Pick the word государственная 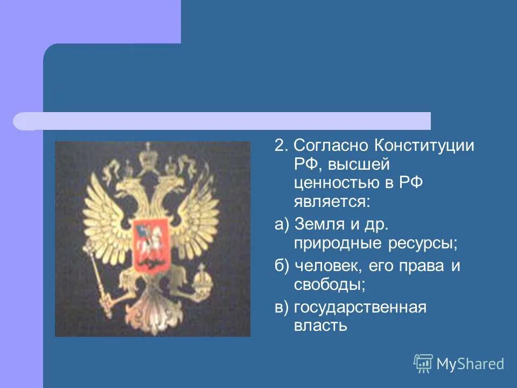tap(360, 307)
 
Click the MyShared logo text tap(470, 364)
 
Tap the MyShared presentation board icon tap(423, 364)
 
